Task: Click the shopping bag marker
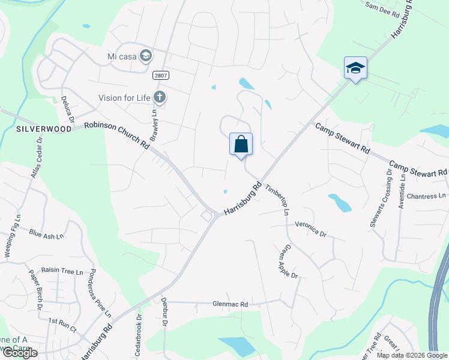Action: (x=241, y=145)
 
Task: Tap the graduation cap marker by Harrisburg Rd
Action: (x=355, y=68)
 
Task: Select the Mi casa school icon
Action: (x=145, y=56)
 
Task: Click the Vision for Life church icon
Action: (x=160, y=97)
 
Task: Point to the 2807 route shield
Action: (x=160, y=76)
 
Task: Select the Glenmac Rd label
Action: (x=230, y=304)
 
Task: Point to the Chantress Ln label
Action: (x=427, y=196)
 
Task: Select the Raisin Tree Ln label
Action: (x=62, y=272)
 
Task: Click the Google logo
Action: (x=20, y=353)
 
